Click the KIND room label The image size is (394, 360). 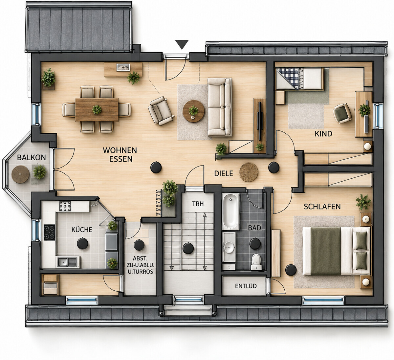pos(323,134)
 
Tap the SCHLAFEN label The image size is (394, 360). pos(322,207)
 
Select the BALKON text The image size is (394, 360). pos(32,157)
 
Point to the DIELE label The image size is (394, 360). pos(224,173)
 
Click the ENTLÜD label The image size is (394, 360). pos(246,286)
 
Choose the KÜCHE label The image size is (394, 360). pos(82,230)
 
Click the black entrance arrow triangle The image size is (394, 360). pos(182,44)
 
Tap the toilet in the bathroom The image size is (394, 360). pos(256,262)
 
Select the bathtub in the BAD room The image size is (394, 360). pos(231,212)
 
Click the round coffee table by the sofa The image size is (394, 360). pos(193,111)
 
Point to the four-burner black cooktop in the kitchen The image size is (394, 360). pos(49,233)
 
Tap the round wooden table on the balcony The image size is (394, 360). pos(20,174)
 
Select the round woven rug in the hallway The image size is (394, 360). pos(249,172)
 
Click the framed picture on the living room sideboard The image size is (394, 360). pos(123,67)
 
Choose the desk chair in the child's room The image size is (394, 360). pos(342,113)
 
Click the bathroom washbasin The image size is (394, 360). pos(229,247)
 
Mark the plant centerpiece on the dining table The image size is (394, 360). pos(97,109)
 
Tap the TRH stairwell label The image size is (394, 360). pos(198,204)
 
